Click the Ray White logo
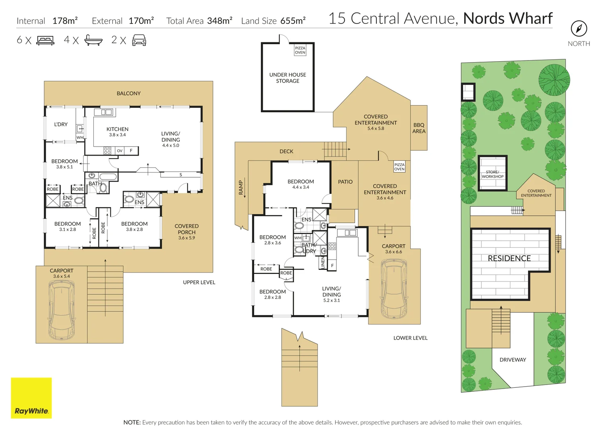coord(31,398)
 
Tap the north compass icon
coord(579,29)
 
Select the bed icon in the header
coord(45,40)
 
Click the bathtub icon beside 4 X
coord(93,40)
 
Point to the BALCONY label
coord(128,94)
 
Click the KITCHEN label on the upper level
coord(117,129)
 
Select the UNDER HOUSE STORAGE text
coord(287,78)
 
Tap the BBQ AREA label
coord(419,128)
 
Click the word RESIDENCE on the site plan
coord(509,258)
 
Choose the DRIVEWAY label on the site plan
coord(512,360)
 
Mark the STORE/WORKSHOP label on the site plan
coord(493,174)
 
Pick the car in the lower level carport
coord(394,288)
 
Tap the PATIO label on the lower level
coord(345,182)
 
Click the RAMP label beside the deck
coord(241,187)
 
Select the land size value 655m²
coord(293,21)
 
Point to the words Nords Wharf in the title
coord(508,18)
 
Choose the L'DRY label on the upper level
coord(61,125)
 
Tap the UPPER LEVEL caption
coord(199,282)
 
